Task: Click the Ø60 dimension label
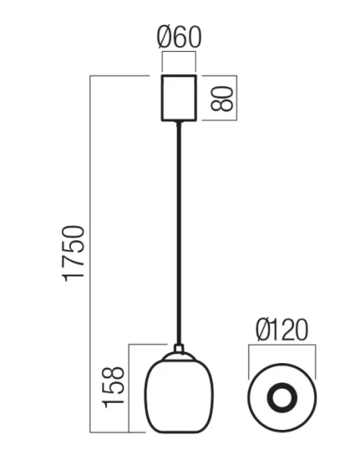[179, 37]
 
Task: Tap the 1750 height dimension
[73, 253]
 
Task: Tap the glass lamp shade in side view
[178, 393]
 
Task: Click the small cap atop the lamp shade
[179, 348]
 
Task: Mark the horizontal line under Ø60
[179, 53]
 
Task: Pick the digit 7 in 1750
[73, 264]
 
